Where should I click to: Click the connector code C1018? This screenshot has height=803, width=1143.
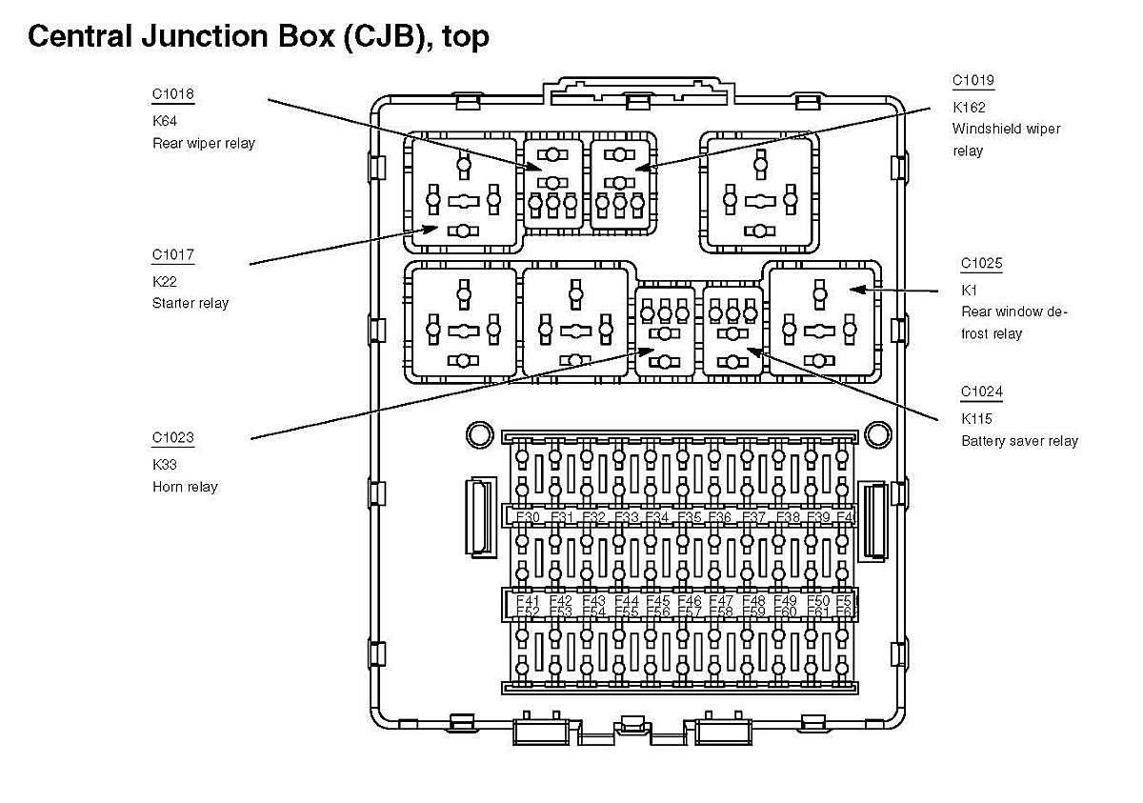tap(172, 94)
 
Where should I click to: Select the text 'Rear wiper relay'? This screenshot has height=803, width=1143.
tap(204, 144)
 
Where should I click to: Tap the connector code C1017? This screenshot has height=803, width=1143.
tap(172, 255)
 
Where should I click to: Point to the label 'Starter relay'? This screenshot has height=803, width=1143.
tap(190, 304)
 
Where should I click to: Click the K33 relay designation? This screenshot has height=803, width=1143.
tap(164, 465)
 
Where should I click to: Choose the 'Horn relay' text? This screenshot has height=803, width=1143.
tap(185, 487)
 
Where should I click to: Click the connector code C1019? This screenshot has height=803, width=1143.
tap(973, 81)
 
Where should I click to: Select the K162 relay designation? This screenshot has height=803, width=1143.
tap(968, 107)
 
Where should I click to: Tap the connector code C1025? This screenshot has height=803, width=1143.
tap(981, 264)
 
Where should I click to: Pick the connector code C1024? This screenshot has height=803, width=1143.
tap(981, 392)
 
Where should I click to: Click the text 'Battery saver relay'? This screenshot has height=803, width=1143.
tap(1019, 441)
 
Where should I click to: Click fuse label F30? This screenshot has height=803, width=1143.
tap(528, 517)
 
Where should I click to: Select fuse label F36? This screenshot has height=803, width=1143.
tap(720, 517)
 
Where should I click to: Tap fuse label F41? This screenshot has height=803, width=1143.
tap(528, 601)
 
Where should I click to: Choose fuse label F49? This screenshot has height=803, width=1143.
tap(785, 601)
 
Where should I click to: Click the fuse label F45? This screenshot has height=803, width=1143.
tap(658, 601)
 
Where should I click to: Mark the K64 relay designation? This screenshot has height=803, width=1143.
tap(164, 121)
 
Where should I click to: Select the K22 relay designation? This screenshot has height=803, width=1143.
tap(164, 282)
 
